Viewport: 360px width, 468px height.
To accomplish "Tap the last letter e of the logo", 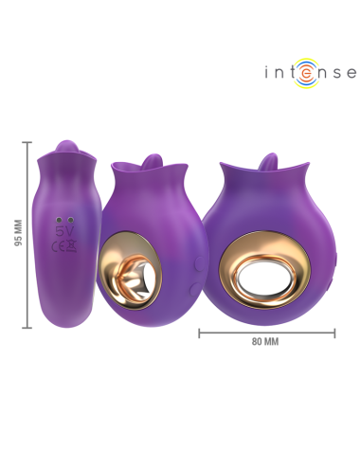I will (350, 72).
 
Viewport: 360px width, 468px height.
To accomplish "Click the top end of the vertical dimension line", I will (27, 142).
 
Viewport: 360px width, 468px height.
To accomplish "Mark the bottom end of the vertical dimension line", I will (27, 327).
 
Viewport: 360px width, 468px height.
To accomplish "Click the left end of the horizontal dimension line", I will (199, 333).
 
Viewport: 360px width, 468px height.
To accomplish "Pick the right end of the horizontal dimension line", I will (334, 333).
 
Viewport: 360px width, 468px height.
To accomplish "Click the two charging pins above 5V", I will (64, 217).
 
